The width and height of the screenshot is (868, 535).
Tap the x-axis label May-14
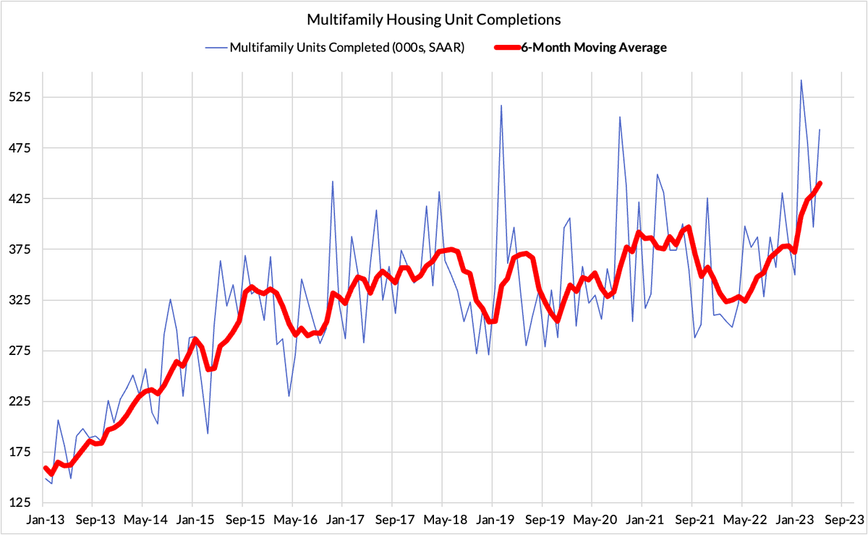(142, 520)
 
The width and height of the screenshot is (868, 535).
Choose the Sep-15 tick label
(242, 520)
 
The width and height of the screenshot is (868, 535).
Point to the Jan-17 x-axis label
(342, 520)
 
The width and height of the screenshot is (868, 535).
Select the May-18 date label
(442, 520)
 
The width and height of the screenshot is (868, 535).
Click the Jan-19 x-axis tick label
(492, 520)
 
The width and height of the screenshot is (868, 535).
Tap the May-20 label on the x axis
(592, 520)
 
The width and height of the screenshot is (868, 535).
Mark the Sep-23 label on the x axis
(841, 520)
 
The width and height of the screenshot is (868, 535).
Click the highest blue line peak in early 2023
(801, 80)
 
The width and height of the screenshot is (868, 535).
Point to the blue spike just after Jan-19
(501, 106)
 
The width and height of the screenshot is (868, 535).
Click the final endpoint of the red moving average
(820, 184)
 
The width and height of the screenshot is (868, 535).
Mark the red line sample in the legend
(507, 48)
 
